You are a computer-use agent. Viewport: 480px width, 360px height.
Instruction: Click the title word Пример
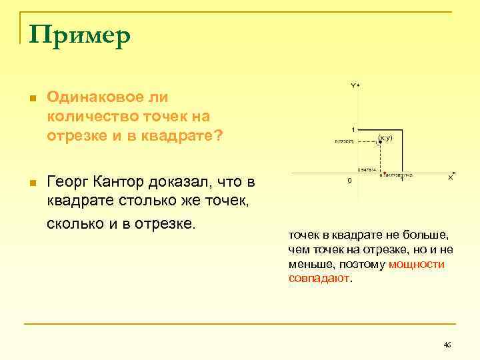pyautogui.click(x=79, y=37)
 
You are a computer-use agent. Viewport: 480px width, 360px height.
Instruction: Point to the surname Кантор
pyautogui.click(x=126, y=181)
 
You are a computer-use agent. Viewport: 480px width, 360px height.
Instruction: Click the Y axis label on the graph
pyautogui.click(x=353, y=85)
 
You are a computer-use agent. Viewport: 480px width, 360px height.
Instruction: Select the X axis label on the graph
pyautogui.click(x=450, y=178)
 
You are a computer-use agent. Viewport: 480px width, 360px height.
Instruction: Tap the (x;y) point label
pyautogui.click(x=385, y=137)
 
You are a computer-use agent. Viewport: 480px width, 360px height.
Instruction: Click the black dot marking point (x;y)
pyautogui.click(x=379, y=142)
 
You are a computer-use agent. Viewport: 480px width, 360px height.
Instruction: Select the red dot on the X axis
pyautogui.click(x=381, y=175)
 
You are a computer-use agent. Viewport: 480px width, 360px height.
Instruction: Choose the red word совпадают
pyautogui.click(x=319, y=277)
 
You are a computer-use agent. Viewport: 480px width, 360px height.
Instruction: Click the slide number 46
pyautogui.click(x=447, y=345)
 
